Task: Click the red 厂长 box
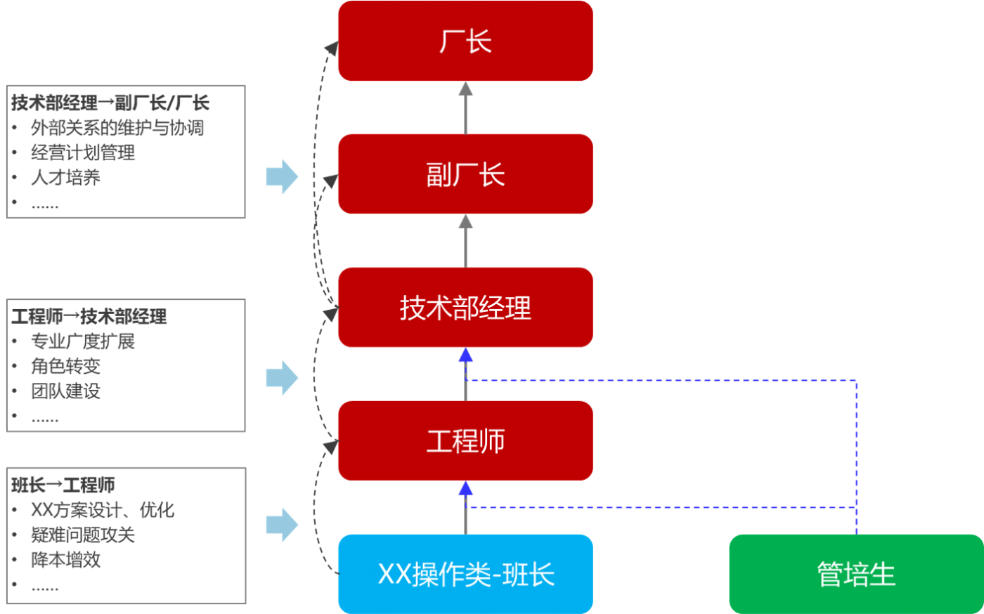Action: [465, 41]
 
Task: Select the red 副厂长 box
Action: [465, 174]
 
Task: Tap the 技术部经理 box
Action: [465, 308]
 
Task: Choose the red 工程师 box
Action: [465, 441]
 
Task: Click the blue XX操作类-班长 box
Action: [465, 574]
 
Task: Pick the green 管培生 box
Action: [855, 574]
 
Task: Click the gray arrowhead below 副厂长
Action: [465, 223]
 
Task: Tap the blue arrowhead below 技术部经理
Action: [465, 356]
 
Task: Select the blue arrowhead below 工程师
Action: [465, 490]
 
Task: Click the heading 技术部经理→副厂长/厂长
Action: [110, 103]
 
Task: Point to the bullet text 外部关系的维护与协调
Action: [117, 128]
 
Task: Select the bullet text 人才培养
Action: [65, 178]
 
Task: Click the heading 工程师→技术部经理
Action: [89, 316]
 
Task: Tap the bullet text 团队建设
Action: [65, 391]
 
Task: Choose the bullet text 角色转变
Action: [65, 366]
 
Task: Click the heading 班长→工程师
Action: [63, 485]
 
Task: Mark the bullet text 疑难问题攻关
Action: [83, 535]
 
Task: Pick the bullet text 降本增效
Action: [65, 560]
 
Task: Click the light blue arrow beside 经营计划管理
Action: [282, 176]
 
